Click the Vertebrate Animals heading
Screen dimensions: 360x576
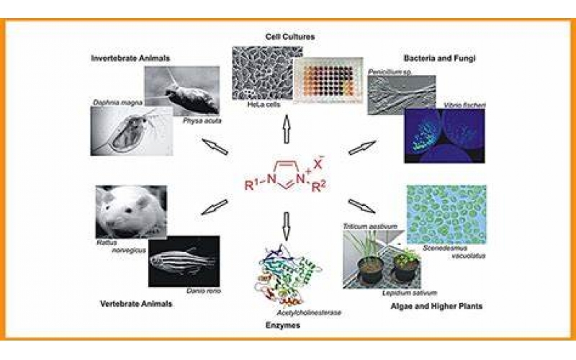136,304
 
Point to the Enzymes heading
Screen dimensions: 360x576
287,326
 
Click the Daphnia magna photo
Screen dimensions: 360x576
129,130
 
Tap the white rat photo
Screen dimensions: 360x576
130,212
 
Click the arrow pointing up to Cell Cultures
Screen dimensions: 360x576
287,129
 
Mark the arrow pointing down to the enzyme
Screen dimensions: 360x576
287,223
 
